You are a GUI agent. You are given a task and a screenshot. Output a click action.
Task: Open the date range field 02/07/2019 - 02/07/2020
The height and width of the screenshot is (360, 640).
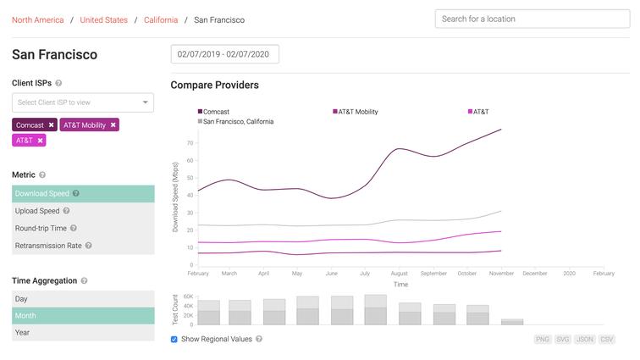point(225,54)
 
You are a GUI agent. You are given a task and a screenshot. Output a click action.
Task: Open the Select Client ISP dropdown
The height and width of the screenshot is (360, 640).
point(83,102)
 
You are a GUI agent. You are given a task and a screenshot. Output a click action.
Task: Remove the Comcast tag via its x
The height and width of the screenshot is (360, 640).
point(51,125)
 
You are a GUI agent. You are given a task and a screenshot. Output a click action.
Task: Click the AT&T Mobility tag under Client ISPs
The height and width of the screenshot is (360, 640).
point(85,125)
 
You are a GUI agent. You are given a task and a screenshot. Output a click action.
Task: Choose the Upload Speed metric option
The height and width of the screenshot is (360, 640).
point(37,211)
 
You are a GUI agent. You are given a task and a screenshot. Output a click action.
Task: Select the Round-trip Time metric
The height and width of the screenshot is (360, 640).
point(41,228)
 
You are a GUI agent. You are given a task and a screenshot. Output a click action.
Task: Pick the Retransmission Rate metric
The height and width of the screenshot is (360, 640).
point(48,246)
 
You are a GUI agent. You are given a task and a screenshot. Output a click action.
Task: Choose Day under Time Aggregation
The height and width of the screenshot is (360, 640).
point(22,299)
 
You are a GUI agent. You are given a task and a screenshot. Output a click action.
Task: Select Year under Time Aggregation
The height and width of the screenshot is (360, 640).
point(23,332)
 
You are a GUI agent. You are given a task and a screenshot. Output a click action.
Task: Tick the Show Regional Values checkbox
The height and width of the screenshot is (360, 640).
point(174,339)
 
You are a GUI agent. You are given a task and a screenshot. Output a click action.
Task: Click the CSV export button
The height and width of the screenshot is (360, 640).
point(607,339)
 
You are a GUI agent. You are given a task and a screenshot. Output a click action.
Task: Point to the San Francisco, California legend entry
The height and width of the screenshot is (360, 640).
point(238,122)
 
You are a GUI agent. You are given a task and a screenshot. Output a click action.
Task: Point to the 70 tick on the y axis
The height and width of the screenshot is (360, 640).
point(190,142)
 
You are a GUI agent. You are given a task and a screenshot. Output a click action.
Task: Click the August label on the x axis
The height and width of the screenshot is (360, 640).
point(400,274)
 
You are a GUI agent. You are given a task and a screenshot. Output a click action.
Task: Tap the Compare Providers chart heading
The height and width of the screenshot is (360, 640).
point(214,85)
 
